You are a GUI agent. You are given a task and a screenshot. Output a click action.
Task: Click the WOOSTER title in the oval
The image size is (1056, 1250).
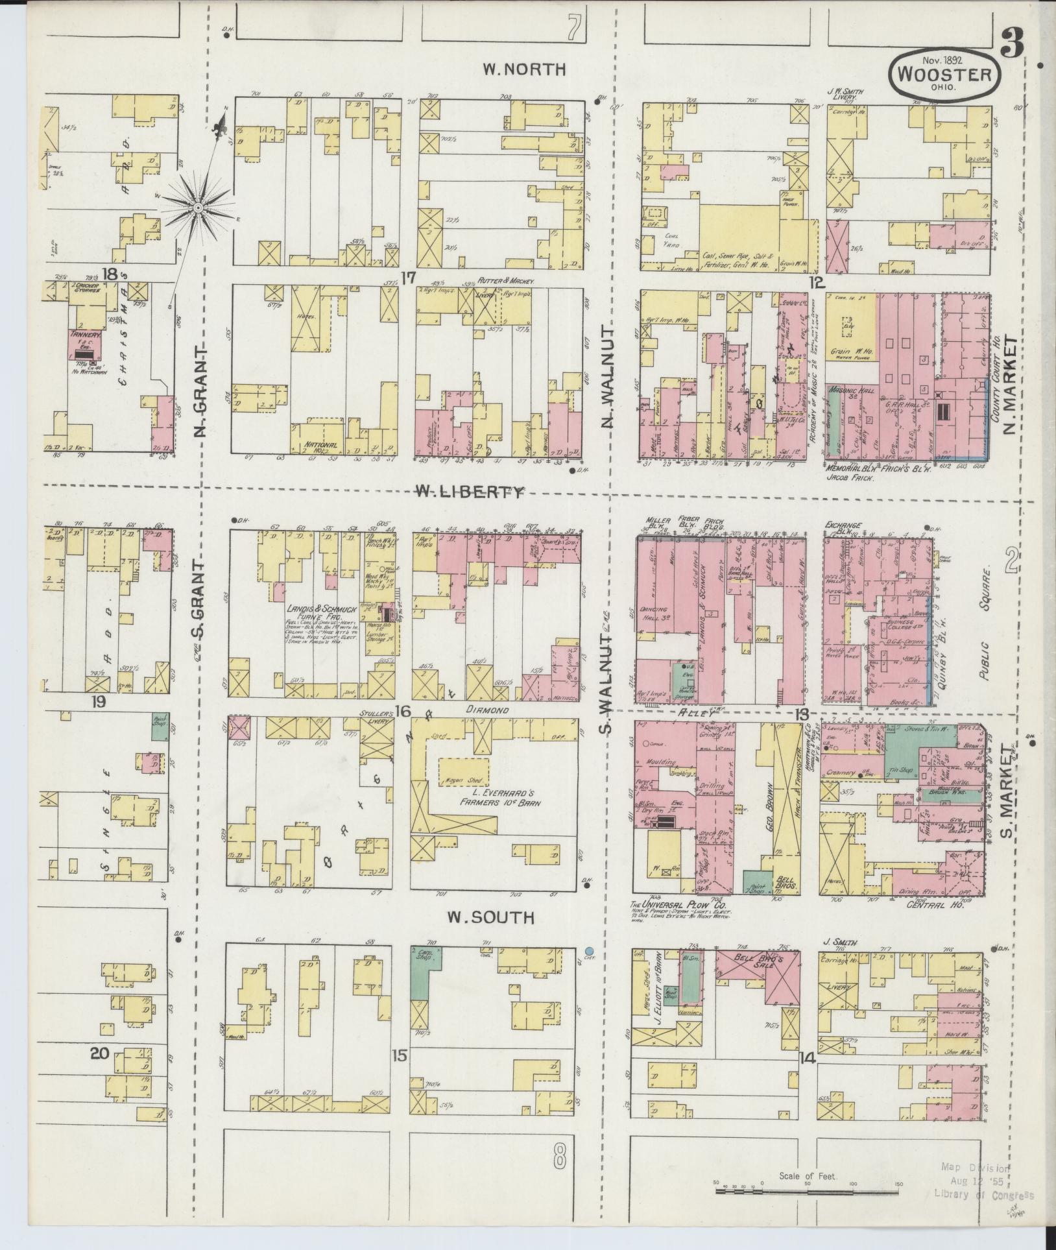[x=944, y=74]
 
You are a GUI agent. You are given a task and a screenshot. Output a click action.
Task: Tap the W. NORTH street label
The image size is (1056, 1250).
[x=525, y=69]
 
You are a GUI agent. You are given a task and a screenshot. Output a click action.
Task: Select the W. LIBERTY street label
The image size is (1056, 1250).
[x=470, y=492]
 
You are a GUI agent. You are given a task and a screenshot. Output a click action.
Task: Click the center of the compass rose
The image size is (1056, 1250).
[x=198, y=208]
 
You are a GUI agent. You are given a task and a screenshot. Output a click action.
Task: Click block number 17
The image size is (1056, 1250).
[x=407, y=278]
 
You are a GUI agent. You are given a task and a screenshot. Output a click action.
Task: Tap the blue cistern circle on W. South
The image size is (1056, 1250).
[x=589, y=952]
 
